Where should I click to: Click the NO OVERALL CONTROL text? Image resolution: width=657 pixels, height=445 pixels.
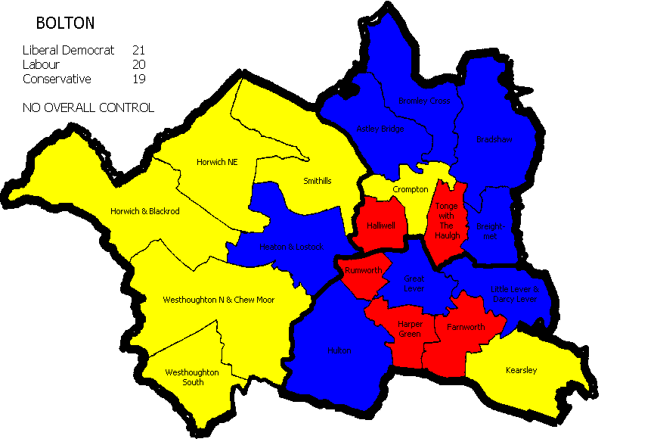click(x=88, y=107)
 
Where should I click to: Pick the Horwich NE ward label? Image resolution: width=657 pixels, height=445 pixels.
click(x=217, y=161)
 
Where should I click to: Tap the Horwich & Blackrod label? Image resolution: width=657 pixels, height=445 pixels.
click(x=144, y=211)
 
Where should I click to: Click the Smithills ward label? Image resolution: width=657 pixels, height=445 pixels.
click(x=317, y=182)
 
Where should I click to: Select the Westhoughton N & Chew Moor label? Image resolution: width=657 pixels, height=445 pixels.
click(x=218, y=300)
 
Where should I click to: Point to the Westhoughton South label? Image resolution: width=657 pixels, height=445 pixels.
click(x=192, y=377)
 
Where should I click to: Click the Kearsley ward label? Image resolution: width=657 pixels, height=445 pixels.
click(x=521, y=370)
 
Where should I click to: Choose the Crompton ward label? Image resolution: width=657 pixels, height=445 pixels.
click(x=411, y=189)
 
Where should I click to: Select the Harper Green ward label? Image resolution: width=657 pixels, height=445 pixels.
click(x=410, y=328)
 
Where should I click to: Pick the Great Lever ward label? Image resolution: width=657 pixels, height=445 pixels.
click(x=414, y=284)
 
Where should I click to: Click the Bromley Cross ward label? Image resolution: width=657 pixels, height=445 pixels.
click(x=423, y=101)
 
